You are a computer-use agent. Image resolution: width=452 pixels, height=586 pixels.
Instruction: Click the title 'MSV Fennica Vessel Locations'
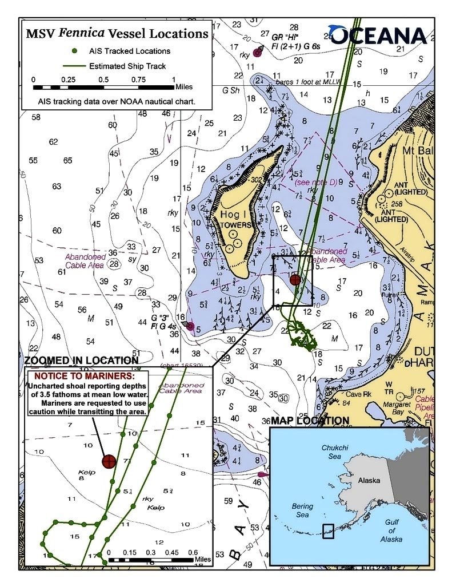point(117,34)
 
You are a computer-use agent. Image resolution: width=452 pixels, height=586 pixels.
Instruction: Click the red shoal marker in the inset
point(109,461)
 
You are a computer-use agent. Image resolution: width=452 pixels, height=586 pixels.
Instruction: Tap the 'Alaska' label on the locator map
point(369,481)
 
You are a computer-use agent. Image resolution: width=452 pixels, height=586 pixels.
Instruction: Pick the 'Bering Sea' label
point(302,511)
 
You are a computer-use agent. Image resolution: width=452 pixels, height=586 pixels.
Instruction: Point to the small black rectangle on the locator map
point(328,532)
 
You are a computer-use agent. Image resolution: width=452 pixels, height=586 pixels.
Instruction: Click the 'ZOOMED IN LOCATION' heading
point(81,361)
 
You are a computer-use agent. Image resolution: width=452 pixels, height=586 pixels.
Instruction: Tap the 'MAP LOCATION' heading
point(310,421)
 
